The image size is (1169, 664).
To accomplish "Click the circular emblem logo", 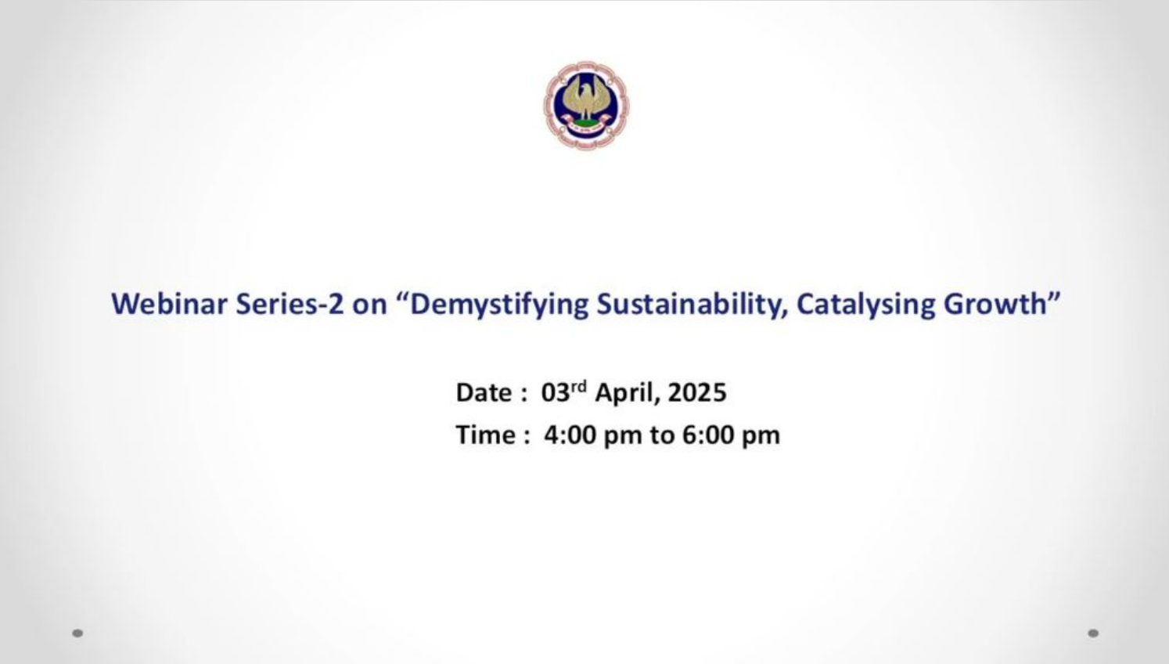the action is pos(587,105).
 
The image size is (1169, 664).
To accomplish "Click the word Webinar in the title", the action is pos(170,304).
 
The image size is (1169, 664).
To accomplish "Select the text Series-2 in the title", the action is pos(290,304).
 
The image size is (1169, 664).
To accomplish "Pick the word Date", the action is pos(484,392).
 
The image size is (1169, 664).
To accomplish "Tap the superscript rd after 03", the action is pos(579,387).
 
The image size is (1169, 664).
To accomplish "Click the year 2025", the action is pos(697,392).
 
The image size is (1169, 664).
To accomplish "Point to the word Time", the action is pos(485,435).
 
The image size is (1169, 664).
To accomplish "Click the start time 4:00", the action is pos(570,435).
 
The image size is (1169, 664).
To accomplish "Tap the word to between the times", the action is pos(662,435).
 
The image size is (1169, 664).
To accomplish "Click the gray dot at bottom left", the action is pos(77,633).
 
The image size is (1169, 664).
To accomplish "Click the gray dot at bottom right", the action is pos(1093,633).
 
